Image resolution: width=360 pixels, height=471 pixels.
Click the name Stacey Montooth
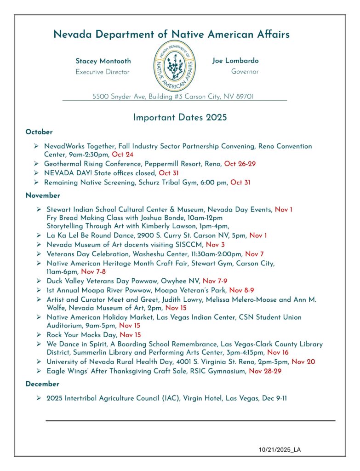point(103,61)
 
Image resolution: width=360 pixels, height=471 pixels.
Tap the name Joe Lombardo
point(235,61)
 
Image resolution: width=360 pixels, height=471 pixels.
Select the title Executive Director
point(103,72)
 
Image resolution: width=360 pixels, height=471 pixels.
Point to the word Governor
point(245,72)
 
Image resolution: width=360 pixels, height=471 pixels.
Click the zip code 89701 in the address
point(243,97)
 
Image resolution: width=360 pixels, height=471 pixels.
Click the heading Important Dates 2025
point(180,117)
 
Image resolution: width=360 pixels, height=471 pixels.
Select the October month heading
point(39,132)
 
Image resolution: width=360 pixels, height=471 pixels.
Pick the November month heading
point(43,195)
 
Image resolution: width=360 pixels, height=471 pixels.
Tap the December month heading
point(42,384)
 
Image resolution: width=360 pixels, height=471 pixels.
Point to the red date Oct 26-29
point(240,164)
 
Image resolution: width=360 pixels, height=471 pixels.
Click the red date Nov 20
point(303,362)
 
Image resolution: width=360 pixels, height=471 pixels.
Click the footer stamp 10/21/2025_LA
point(280,449)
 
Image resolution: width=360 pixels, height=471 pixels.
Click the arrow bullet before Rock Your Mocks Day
point(39,335)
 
